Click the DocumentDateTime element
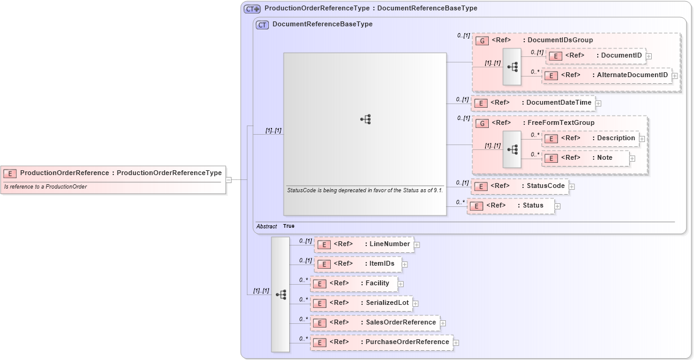pyautogui.click(x=532, y=102)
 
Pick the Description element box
pyautogui.click(x=590, y=138)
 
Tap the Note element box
pyautogui.click(x=586, y=158)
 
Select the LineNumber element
pyautogui.click(x=363, y=244)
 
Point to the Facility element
pyautogui.click(x=353, y=283)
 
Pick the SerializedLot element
pyautogui.click(x=361, y=303)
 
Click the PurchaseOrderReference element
pyautogui.click(x=381, y=342)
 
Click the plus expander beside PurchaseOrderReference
pyautogui.click(x=456, y=343)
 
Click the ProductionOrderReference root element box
pyautogui.click(x=113, y=173)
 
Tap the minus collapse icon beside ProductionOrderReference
pyautogui.click(x=228, y=180)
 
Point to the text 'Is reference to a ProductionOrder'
pyautogui.click(x=45, y=187)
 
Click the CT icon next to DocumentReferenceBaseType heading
pyautogui.click(x=262, y=24)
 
